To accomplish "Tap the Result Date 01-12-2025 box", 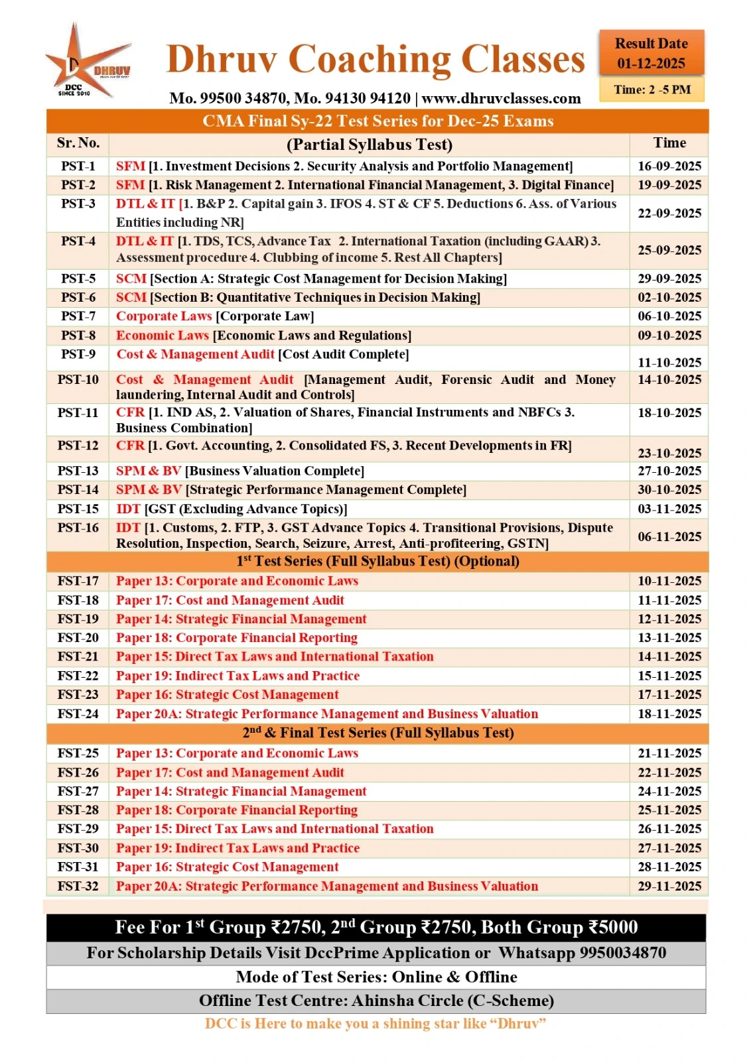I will pyautogui.click(x=651, y=54).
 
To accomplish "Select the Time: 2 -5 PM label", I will pyautogui.click(x=651, y=90).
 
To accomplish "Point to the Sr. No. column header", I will pyautogui.click(x=78, y=143).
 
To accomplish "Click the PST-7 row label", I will pyautogui.click(x=78, y=316).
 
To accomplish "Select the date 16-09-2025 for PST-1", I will pyautogui.click(x=669, y=166).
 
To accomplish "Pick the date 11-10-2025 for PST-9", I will pyautogui.click(x=669, y=362).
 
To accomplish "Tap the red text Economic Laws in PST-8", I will pyautogui.click(x=163, y=336).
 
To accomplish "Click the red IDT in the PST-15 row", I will pyautogui.click(x=128, y=509).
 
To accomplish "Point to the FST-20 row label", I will pyautogui.click(x=78, y=638).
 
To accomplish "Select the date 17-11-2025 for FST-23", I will pyautogui.click(x=669, y=695).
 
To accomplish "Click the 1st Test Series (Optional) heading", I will pyautogui.click(x=377, y=562).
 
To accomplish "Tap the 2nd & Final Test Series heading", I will pyautogui.click(x=377, y=733).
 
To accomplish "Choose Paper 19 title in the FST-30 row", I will pyautogui.click(x=238, y=848).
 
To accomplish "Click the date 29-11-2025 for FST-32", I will pyautogui.click(x=669, y=887).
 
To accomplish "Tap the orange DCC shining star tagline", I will pyautogui.click(x=376, y=1024).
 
